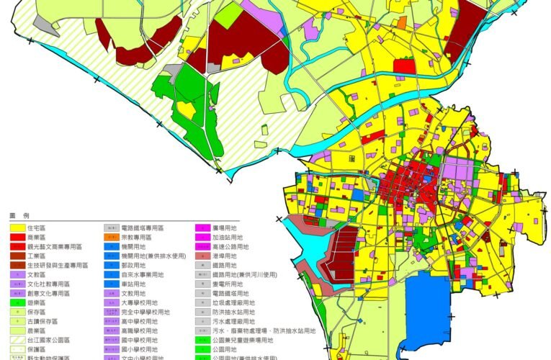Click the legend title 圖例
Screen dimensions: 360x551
tap(18, 215)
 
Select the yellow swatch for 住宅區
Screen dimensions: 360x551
tap(18, 228)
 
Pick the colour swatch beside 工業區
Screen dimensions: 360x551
tap(18, 256)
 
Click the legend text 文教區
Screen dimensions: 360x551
tap(37, 274)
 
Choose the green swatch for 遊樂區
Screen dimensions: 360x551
tap(18, 302)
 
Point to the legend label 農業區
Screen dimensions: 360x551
tap(37, 330)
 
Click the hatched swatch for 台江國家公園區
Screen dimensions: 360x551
tap(18, 340)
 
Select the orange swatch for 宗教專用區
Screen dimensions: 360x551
tap(112, 237)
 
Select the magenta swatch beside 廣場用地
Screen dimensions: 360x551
tap(204, 228)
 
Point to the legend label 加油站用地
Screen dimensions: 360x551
tap(228, 237)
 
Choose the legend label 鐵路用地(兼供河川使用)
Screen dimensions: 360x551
tap(246, 274)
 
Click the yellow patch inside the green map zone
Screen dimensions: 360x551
tap(187, 110)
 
